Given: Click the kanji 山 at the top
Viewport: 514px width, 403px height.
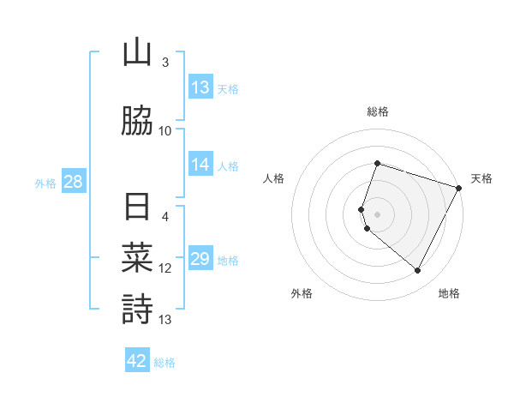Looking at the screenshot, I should (x=137, y=53).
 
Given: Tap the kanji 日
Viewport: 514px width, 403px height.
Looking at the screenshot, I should (x=137, y=208).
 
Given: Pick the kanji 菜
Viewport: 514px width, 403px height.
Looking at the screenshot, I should (x=137, y=258).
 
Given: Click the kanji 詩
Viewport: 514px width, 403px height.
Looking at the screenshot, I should (x=137, y=309).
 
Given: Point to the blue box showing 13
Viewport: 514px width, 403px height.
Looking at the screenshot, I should (x=200, y=87).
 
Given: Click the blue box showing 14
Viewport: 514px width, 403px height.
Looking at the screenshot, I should (x=200, y=165).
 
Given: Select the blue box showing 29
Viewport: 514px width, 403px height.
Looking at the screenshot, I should (x=200, y=259).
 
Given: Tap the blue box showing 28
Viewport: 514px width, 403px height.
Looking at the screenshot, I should (x=73, y=182).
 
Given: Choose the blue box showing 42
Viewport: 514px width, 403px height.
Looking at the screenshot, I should (x=137, y=361).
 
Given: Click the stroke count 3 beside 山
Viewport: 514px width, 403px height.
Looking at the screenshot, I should (x=165, y=63).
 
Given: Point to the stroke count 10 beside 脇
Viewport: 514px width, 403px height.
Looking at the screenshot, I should (x=165, y=131).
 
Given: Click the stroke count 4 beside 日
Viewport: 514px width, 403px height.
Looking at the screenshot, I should (x=165, y=217).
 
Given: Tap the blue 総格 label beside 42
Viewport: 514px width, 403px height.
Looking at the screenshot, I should (x=164, y=363).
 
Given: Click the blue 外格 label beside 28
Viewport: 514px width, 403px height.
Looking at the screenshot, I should (x=45, y=183).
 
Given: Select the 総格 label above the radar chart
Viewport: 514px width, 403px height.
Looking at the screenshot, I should (x=377, y=111).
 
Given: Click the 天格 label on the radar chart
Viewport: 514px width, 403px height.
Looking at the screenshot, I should (x=481, y=178).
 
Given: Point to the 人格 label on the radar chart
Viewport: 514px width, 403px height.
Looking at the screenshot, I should (x=273, y=178).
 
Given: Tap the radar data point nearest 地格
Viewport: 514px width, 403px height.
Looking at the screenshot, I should (x=418, y=271).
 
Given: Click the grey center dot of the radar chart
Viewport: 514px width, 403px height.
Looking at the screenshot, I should (x=377, y=214).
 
